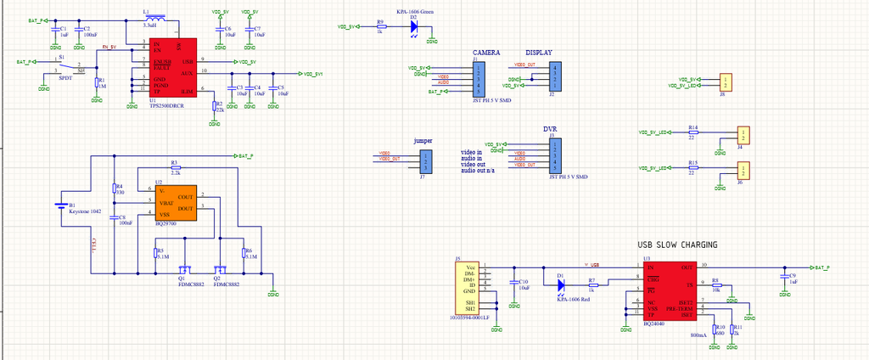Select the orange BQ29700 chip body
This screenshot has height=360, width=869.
click(x=175, y=204)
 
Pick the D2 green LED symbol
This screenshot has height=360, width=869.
click(x=414, y=26)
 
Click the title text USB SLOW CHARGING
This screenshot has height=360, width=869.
click(x=677, y=245)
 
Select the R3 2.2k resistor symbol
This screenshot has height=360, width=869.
click(x=176, y=167)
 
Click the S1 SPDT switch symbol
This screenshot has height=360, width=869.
click(x=64, y=66)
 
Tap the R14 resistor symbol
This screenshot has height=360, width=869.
click(x=693, y=132)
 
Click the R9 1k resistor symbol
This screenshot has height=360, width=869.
click(x=380, y=26)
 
